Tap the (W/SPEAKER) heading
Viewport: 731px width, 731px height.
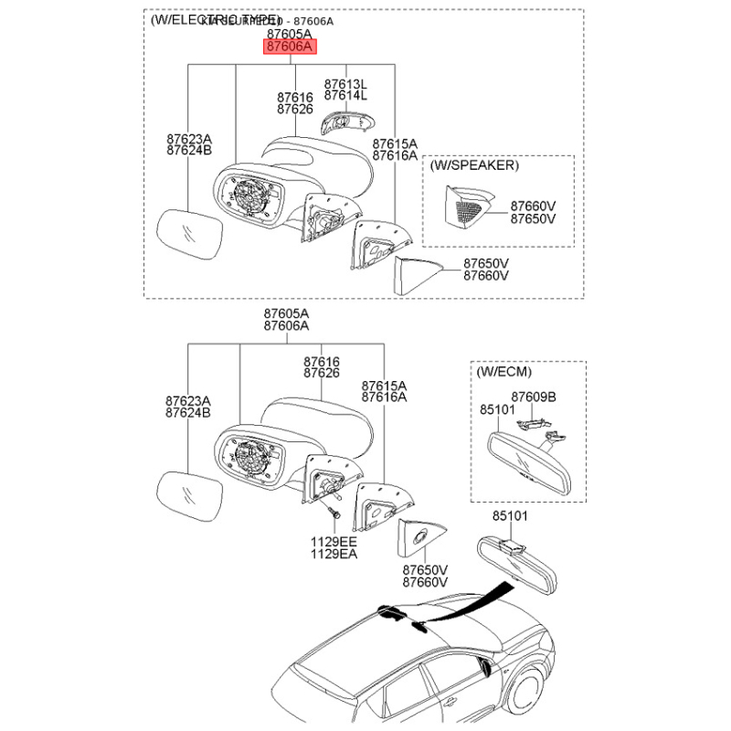click(474, 165)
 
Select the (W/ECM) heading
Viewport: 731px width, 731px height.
click(503, 372)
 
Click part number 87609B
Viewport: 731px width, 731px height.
click(533, 397)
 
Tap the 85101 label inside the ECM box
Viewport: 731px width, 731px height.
click(498, 410)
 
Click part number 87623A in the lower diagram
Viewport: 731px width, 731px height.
click(188, 400)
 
